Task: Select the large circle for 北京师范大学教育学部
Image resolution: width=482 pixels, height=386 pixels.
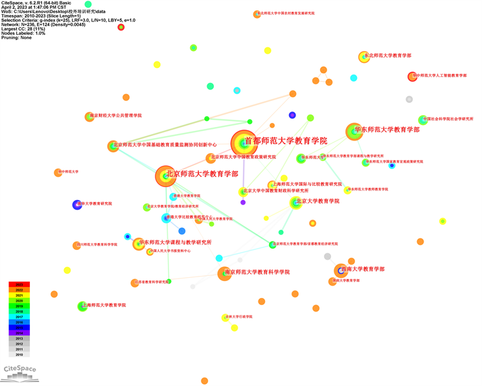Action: click(x=165, y=176)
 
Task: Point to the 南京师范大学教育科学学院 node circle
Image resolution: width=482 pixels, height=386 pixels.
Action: click(x=225, y=273)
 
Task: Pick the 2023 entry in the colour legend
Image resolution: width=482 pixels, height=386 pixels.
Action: click(x=19, y=284)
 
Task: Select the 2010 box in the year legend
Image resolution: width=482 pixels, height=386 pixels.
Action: click(x=19, y=354)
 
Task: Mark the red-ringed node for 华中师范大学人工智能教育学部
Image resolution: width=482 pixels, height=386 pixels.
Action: click(x=412, y=76)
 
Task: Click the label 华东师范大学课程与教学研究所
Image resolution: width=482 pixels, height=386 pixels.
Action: click(x=175, y=242)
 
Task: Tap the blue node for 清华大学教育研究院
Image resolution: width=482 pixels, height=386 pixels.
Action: click(x=77, y=205)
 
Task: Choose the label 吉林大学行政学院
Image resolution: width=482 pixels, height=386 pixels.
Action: click(x=238, y=317)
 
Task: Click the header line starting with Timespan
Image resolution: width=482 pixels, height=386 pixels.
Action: click(x=39, y=16)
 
